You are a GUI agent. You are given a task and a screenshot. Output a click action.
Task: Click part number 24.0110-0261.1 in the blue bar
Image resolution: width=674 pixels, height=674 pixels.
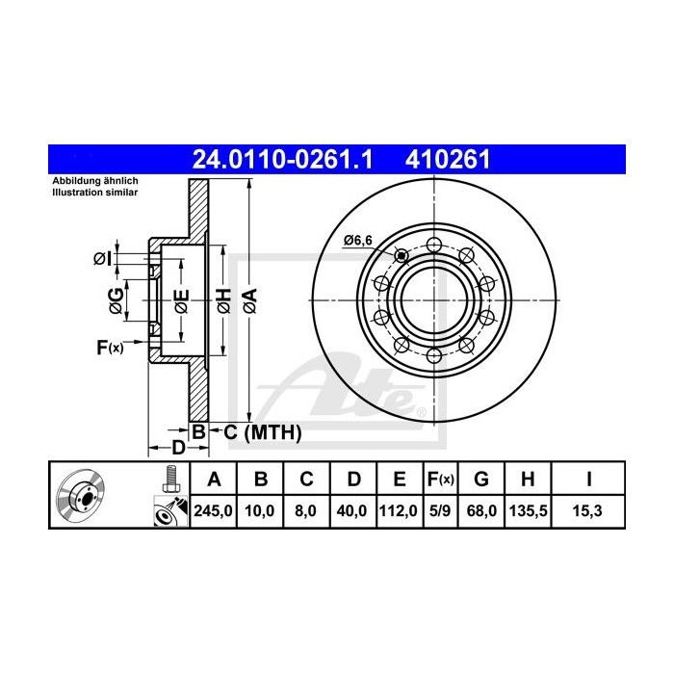282,160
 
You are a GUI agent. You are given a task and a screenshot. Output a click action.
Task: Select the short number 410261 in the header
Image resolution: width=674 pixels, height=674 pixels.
448,160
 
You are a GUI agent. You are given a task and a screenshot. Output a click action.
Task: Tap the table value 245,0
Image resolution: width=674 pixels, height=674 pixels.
213,511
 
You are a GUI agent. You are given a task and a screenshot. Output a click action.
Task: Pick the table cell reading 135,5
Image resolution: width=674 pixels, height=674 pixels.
529,511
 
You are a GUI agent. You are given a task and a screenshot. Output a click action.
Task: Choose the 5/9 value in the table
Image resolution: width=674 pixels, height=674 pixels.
440,511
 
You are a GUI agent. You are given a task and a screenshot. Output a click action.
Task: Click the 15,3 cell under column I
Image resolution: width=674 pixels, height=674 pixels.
587,511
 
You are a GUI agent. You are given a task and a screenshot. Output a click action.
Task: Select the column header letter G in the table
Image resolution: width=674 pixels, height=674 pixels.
481,479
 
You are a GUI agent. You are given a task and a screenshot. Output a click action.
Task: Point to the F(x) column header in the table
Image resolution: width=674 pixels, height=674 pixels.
441,480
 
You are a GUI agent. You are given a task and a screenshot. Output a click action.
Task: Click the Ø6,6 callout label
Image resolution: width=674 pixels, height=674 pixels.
358,241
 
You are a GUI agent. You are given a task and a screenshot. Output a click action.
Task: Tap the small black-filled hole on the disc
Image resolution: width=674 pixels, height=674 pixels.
402,256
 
